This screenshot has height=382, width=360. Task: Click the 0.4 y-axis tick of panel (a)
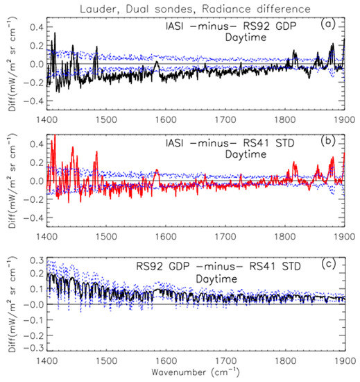(x=35, y=26)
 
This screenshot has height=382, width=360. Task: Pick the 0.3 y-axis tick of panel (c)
(x=35, y=259)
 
